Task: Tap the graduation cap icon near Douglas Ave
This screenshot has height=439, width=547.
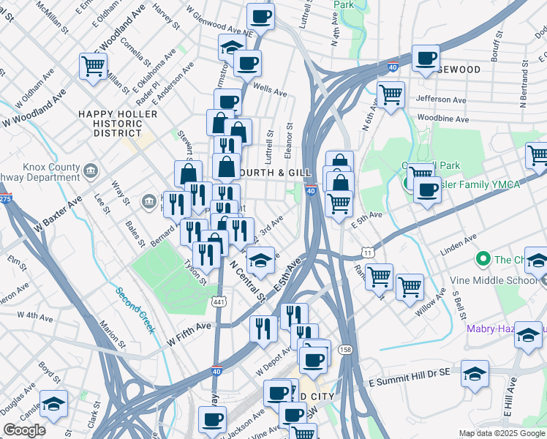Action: click(x=53, y=404)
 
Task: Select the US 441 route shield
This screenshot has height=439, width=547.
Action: click(x=217, y=301)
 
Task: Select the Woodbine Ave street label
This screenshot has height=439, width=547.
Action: click(x=442, y=118)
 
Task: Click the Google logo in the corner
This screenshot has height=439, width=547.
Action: click(x=25, y=430)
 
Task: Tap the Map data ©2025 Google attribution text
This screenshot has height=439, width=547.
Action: click(x=502, y=433)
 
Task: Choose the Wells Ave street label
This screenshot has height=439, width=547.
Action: click(x=270, y=90)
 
